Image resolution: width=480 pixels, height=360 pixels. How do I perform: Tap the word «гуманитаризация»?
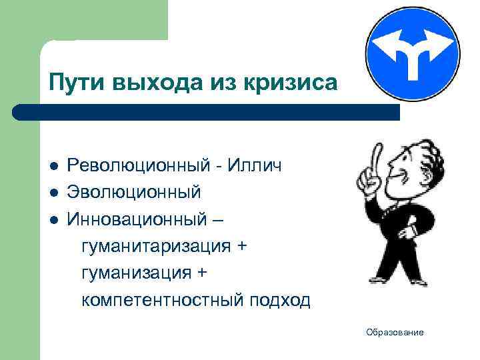click(x=157, y=247)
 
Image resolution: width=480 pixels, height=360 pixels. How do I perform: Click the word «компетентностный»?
click(x=163, y=301)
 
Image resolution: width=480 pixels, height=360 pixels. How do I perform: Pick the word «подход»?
click(x=280, y=301)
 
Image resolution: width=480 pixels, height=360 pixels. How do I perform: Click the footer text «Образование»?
click(x=395, y=332)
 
